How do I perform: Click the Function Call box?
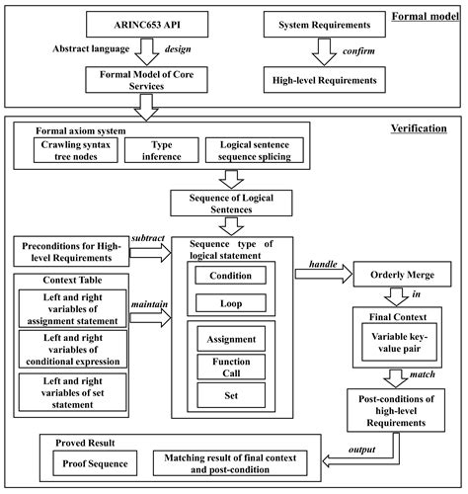pos(228,369)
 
